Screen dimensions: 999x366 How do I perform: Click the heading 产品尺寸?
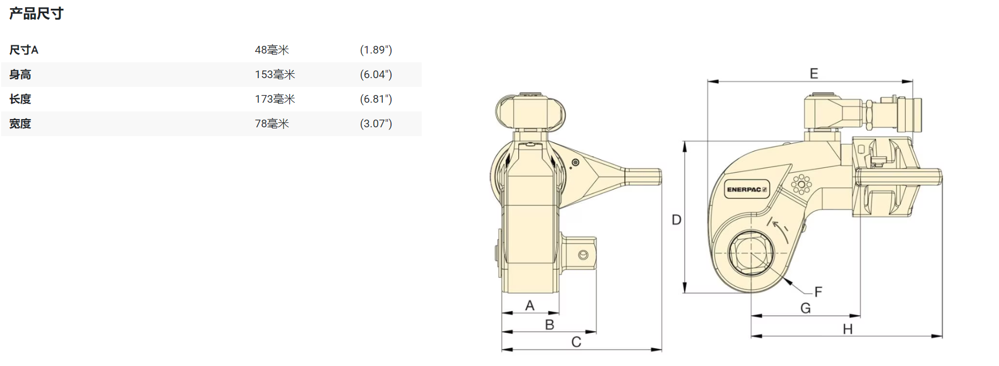pyautogui.click(x=36, y=13)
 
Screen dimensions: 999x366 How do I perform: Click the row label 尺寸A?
pyautogui.click(x=23, y=50)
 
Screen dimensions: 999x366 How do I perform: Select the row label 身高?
pyautogui.click(x=20, y=74)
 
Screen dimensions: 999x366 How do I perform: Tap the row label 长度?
pyautogui.click(x=20, y=99)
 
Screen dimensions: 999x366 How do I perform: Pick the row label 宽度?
pyautogui.click(x=20, y=123)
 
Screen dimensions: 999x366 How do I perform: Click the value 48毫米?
pyautogui.click(x=272, y=50)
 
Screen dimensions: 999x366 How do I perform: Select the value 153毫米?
pyautogui.click(x=275, y=74)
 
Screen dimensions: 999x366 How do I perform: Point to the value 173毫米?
pyautogui.click(x=275, y=99)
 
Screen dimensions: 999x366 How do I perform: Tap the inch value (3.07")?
pyautogui.click(x=376, y=123)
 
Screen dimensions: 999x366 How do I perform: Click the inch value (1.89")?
pyautogui.click(x=376, y=50)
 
